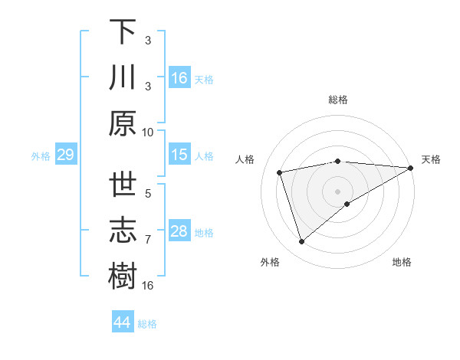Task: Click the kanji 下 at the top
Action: (123, 33)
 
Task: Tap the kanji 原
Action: (123, 123)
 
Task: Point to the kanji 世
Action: (123, 186)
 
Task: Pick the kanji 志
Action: (123, 231)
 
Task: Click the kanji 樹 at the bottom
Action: (123, 277)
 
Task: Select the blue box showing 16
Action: (179, 78)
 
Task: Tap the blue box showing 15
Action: (179, 155)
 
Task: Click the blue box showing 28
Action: (179, 231)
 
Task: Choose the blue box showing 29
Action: (65, 155)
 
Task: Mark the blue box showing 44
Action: (123, 322)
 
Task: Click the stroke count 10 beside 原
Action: (148, 132)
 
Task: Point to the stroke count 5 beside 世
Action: (148, 195)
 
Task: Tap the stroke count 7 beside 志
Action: (148, 240)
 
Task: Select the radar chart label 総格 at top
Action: (337, 100)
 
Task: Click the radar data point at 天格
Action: (410, 168)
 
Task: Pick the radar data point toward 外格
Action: (301, 242)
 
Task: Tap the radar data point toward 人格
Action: (280, 172)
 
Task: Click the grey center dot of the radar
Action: (337, 191)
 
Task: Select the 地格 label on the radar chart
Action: (402, 262)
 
